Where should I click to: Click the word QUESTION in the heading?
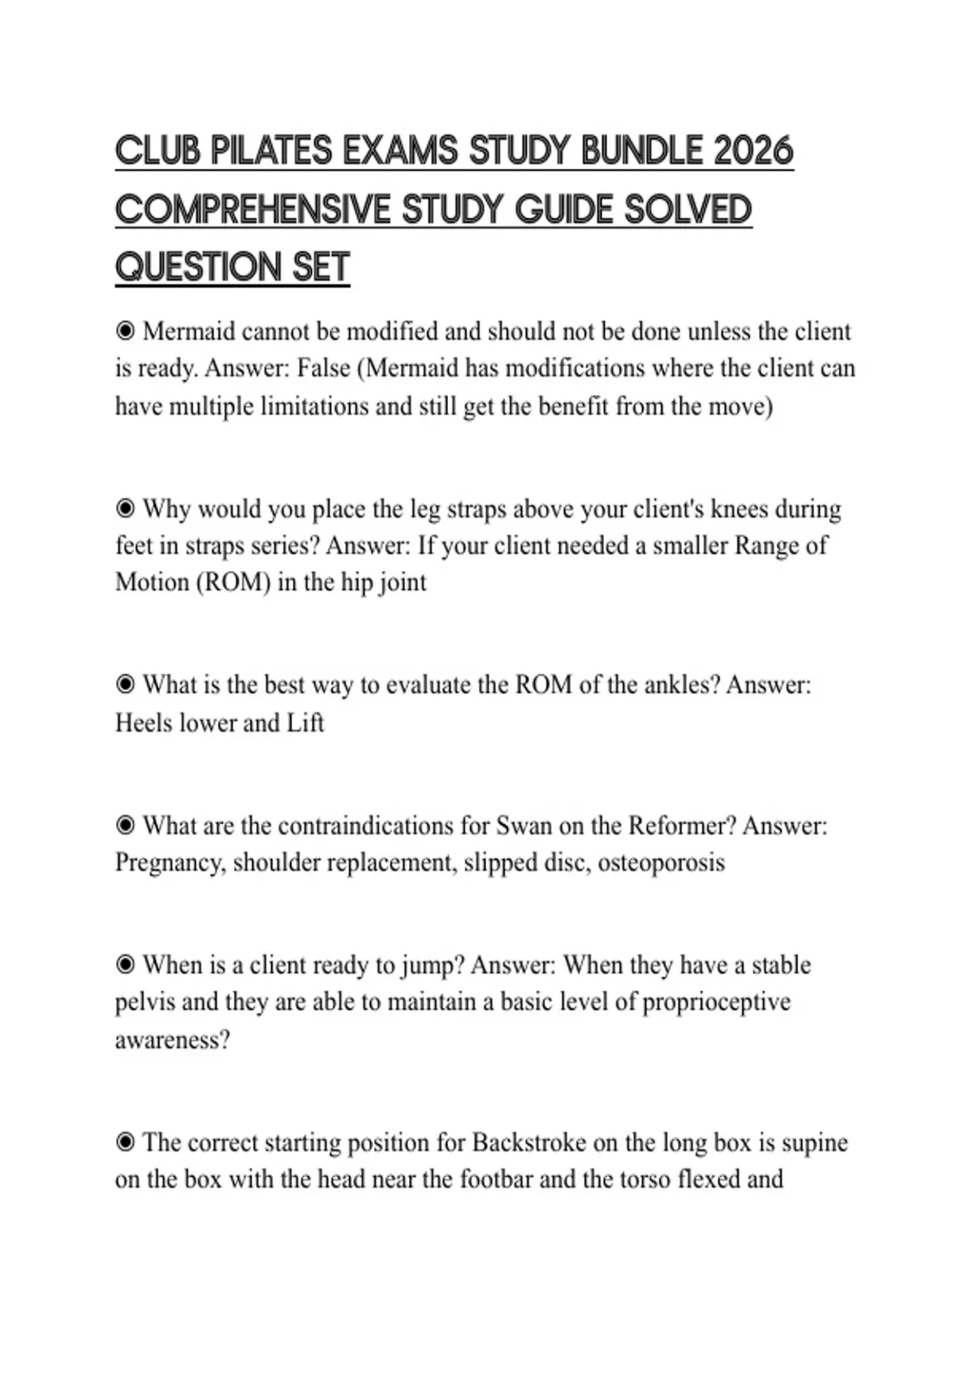point(198,268)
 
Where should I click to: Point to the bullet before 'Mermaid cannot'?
point(125,331)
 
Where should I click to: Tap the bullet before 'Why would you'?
point(125,509)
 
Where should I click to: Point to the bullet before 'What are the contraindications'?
point(125,826)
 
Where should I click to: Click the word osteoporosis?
point(661,862)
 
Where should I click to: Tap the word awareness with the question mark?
point(172,1039)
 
